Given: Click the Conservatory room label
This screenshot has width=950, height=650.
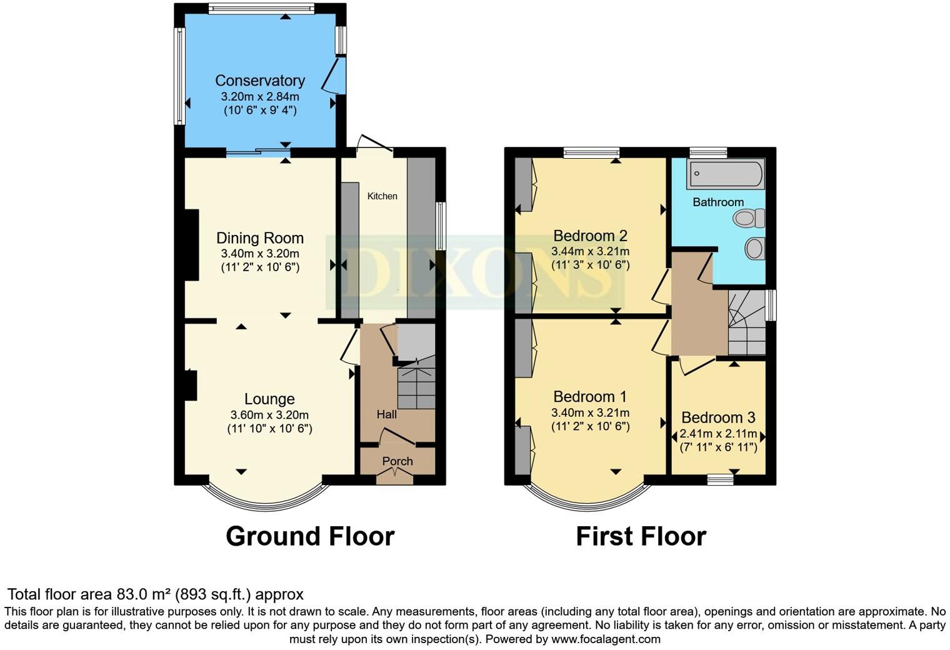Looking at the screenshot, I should pyautogui.click(x=260, y=81).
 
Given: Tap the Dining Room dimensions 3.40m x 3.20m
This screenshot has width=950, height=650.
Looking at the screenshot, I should pyautogui.click(x=260, y=254).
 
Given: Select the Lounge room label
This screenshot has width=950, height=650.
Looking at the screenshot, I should pyautogui.click(x=269, y=399).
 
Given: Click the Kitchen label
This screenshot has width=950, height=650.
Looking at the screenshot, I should pyautogui.click(x=382, y=196).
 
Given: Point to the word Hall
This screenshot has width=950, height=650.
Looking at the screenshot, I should pyautogui.click(x=386, y=414).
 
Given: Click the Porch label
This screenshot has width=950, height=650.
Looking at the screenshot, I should pyautogui.click(x=397, y=461).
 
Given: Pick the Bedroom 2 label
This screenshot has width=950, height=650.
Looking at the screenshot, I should pyautogui.click(x=590, y=236).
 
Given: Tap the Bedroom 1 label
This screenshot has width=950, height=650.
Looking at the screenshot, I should pyautogui.click(x=590, y=396).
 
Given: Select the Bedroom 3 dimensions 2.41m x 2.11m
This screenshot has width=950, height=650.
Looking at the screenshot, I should pyautogui.click(x=718, y=434).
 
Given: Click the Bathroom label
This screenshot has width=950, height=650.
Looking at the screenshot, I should pyautogui.click(x=718, y=202).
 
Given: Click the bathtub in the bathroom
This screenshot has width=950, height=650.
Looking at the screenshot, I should pyautogui.click(x=725, y=174).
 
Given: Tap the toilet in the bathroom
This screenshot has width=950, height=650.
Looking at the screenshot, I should pyautogui.click(x=749, y=218).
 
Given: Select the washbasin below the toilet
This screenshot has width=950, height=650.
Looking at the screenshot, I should pyautogui.click(x=755, y=248).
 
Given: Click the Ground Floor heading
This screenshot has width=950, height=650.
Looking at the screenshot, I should pyautogui.click(x=310, y=536).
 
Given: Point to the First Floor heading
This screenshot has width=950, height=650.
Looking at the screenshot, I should pyautogui.click(x=641, y=536).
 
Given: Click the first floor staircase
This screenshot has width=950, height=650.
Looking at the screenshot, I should pyautogui.click(x=747, y=324).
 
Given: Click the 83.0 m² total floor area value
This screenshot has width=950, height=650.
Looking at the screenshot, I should pyautogui.click(x=144, y=594).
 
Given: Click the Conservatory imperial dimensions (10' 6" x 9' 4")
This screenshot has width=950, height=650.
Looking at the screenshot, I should pyautogui.click(x=260, y=111).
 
